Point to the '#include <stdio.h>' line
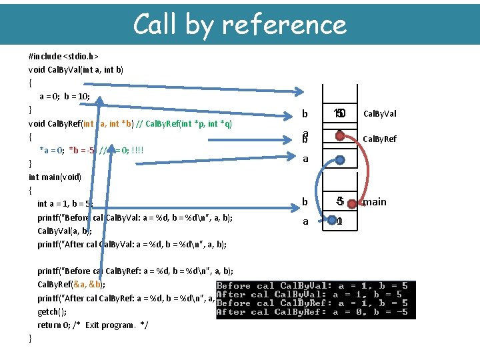(63, 56)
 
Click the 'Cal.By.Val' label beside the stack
(379, 114)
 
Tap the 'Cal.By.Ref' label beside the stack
(379, 139)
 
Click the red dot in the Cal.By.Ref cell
(339, 136)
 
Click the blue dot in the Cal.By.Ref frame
(340, 160)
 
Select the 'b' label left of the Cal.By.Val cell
(305, 114)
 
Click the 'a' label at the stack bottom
(305, 221)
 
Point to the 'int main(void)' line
(55, 177)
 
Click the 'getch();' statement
(51, 311)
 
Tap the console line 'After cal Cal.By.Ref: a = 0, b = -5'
(312, 311)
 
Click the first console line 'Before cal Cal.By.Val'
(312, 286)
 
